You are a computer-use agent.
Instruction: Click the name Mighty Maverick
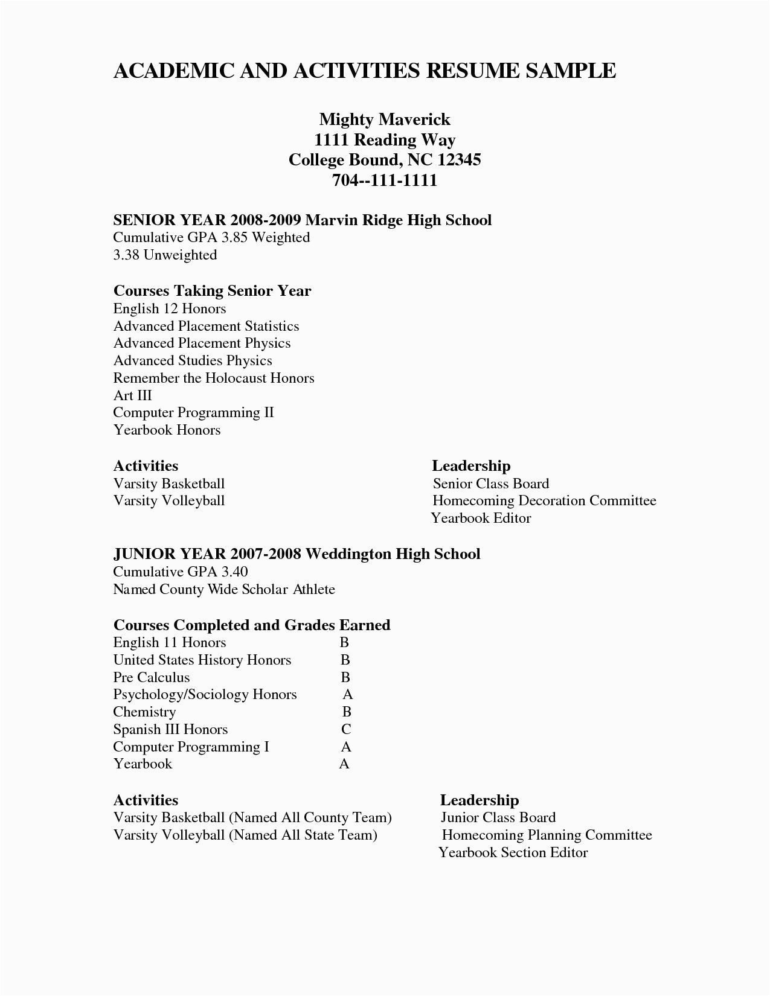click(x=385, y=119)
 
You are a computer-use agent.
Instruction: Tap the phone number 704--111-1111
click(x=385, y=180)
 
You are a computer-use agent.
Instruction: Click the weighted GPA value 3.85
click(x=234, y=238)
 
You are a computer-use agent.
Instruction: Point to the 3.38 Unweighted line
click(x=165, y=255)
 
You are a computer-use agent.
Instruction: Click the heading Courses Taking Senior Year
click(x=212, y=291)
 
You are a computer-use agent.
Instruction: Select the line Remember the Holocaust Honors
click(x=214, y=378)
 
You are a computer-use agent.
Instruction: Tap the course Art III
click(x=132, y=396)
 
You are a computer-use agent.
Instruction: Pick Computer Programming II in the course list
click(x=193, y=413)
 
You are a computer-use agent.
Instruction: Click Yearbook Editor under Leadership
click(x=481, y=519)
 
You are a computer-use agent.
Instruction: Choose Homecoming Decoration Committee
click(x=544, y=501)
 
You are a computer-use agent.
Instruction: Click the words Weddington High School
click(x=393, y=554)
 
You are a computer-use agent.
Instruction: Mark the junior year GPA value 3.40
click(x=234, y=572)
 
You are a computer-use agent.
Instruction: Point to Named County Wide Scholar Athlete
click(x=224, y=590)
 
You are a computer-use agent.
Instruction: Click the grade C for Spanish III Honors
click(x=345, y=730)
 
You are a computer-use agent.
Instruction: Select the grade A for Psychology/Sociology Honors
click(x=347, y=695)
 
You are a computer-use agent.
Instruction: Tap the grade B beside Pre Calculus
click(x=345, y=677)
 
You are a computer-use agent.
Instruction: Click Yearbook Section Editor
click(x=513, y=852)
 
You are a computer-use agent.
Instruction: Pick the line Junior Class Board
click(x=498, y=818)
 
